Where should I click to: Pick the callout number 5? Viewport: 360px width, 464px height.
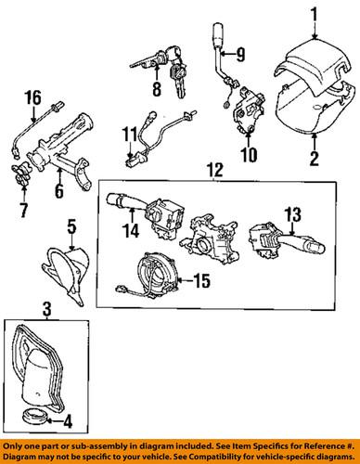click(71, 223)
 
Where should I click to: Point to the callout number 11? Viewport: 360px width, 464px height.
click(128, 139)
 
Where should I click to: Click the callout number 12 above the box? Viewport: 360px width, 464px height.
click(217, 170)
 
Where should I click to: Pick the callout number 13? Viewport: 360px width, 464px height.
click(293, 214)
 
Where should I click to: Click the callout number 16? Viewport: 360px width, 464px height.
click(33, 97)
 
